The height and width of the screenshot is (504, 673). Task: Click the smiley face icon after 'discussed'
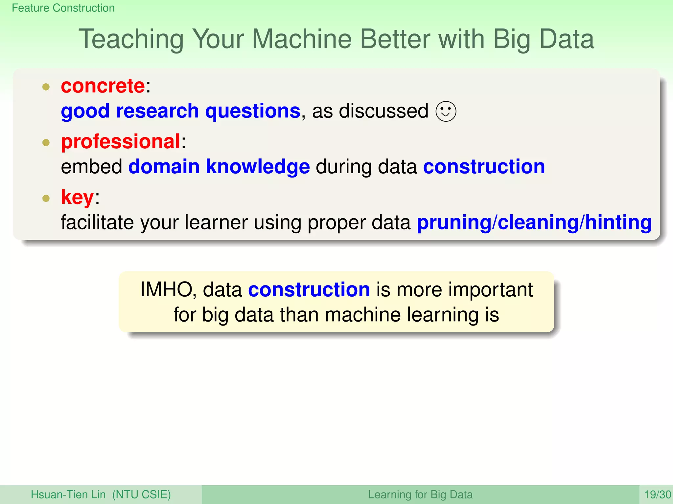(446, 112)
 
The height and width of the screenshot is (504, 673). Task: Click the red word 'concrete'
(103, 86)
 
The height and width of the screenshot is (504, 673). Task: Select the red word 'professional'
(121, 142)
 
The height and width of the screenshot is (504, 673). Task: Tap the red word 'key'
(77, 198)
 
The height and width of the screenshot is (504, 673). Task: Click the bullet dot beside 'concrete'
(46, 87)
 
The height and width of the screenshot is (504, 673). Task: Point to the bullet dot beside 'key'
(46, 198)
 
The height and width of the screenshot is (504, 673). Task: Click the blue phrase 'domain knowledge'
(219, 167)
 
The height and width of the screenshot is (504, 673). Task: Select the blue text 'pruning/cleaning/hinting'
(534, 222)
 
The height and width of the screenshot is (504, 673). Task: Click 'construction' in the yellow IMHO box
(309, 290)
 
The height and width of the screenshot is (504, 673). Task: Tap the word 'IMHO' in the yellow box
(166, 290)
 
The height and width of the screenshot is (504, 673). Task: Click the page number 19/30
(657, 494)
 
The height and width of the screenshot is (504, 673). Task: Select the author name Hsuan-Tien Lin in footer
(68, 494)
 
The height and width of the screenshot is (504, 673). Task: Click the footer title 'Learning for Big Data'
(420, 494)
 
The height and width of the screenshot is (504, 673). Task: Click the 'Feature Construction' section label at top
(63, 8)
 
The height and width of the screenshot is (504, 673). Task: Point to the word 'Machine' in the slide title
(301, 39)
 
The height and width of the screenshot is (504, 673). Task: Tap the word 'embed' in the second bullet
(92, 167)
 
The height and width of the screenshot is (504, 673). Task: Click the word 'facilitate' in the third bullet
(97, 222)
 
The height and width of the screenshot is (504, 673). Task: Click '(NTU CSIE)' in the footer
(142, 494)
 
